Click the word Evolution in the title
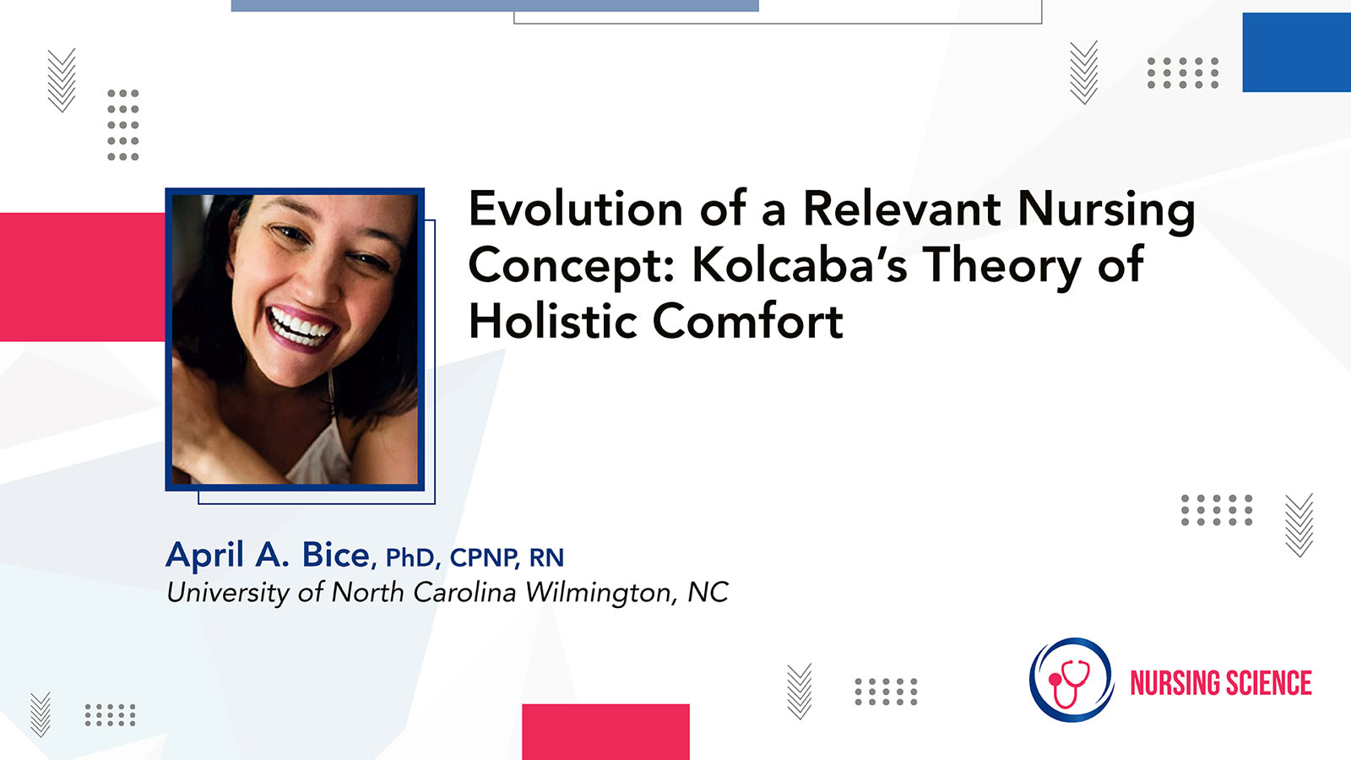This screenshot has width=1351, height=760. tap(575, 208)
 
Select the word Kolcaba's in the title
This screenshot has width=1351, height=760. tap(799, 264)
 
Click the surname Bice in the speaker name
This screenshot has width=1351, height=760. tap(335, 554)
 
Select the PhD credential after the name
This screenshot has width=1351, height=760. tap(410, 558)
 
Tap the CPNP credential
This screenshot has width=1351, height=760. tap(483, 558)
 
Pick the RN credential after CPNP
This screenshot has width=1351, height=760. tap(546, 558)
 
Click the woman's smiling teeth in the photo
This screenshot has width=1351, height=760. tap(300, 327)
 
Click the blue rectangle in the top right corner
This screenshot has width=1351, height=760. tap(1297, 52)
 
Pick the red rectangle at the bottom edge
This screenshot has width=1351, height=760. tap(605, 731)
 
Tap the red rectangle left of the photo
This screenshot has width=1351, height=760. tap(83, 277)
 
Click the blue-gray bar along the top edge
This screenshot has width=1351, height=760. tap(495, 5)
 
